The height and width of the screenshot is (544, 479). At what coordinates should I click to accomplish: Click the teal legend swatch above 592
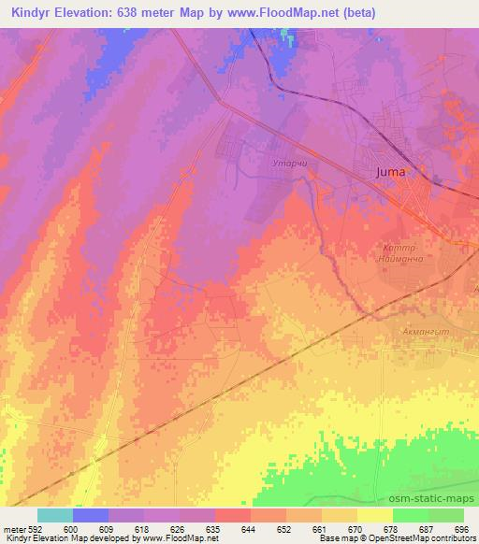55,515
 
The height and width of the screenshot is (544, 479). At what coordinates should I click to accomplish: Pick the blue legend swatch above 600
91,515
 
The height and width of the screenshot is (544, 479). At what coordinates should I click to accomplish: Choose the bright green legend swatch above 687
410,515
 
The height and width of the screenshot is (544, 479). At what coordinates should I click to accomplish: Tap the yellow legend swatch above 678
375,515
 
